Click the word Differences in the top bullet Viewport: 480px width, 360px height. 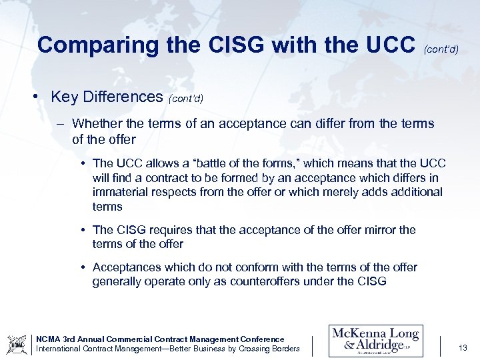click(123, 97)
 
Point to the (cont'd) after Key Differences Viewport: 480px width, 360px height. click(186, 99)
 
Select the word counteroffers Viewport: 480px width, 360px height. click(263, 281)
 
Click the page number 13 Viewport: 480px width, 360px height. click(463, 347)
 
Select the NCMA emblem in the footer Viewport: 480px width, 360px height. click(17, 344)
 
